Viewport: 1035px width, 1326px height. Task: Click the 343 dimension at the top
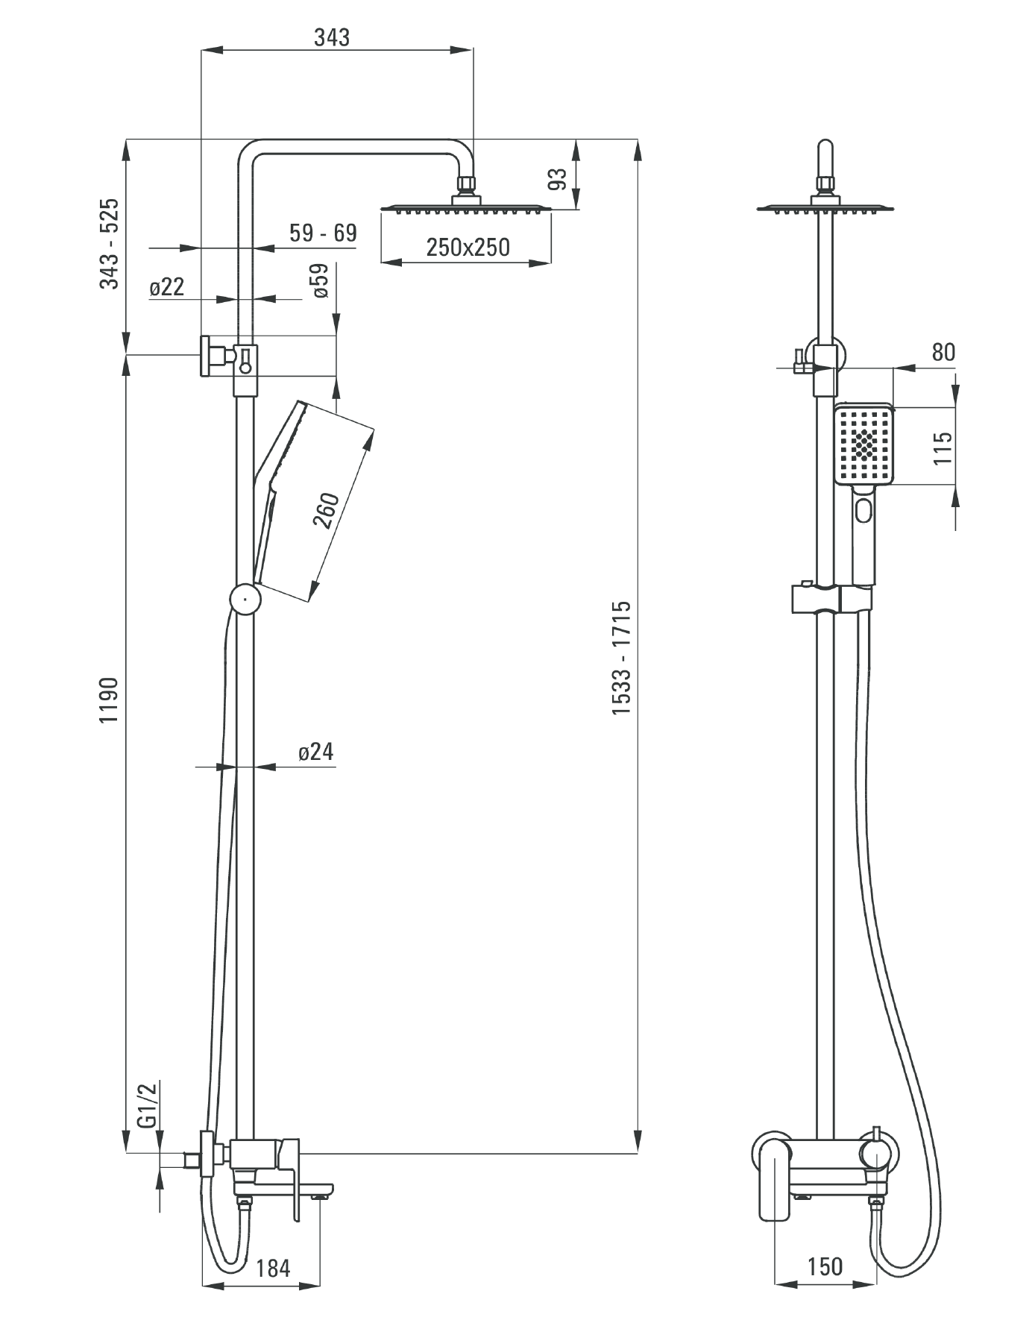click(331, 37)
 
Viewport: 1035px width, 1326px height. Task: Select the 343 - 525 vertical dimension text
click(110, 244)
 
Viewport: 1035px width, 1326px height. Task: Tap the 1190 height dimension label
click(110, 700)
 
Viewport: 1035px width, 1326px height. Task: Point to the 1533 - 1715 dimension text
click(621, 658)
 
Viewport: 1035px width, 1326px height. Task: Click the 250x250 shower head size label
click(468, 247)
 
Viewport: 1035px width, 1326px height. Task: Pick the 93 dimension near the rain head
click(558, 179)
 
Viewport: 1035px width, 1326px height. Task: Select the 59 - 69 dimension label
click(323, 233)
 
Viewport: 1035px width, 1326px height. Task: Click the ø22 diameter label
click(166, 287)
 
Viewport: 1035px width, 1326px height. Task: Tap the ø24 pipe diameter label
click(315, 752)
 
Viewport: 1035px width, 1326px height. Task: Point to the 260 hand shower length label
click(327, 510)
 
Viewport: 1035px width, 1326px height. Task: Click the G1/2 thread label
click(148, 1105)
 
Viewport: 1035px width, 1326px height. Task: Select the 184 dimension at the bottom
click(272, 1268)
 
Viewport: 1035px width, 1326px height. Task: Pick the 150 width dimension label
click(825, 1266)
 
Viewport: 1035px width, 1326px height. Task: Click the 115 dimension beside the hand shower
click(943, 447)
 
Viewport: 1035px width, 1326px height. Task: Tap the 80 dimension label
click(943, 353)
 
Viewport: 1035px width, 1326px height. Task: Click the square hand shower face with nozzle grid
click(864, 444)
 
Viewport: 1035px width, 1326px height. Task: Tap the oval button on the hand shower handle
click(863, 512)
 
